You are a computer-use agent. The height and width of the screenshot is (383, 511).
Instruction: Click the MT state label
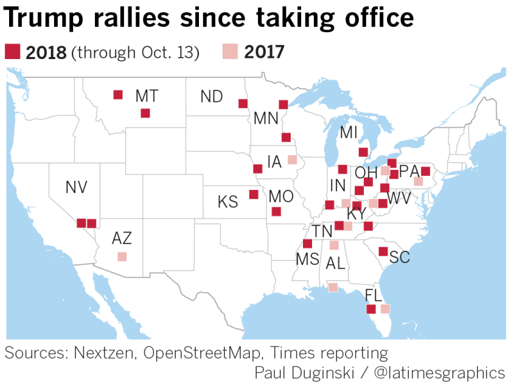click(x=147, y=96)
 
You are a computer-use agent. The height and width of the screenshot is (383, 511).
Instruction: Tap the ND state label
click(x=212, y=97)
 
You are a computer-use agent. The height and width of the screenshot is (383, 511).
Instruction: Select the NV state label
click(x=77, y=188)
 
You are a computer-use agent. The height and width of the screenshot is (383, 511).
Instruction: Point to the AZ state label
click(x=122, y=239)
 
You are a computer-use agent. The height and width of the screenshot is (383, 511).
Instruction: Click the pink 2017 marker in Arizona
click(x=122, y=256)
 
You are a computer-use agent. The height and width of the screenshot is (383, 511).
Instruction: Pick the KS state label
click(x=228, y=202)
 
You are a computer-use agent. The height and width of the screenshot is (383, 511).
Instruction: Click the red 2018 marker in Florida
click(x=371, y=309)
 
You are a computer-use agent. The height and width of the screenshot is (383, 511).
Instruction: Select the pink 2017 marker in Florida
click(x=385, y=309)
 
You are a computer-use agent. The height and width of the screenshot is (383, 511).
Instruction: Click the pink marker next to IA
click(x=292, y=160)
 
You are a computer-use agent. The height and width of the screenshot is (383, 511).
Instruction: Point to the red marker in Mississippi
click(x=307, y=244)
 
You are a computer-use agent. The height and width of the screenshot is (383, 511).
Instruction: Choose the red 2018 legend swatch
click(x=12, y=52)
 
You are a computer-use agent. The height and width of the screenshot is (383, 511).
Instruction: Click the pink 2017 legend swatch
click(x=231, y=52)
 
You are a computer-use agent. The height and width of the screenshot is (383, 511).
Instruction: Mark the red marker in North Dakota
click(x=243, y=103)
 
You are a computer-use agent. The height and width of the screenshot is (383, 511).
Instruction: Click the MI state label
click(x=349, y=133)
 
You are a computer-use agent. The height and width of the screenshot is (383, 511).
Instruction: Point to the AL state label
click(x=335, y=263)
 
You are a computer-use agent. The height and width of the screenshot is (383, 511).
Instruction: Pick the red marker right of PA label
click(x=426, y=172)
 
